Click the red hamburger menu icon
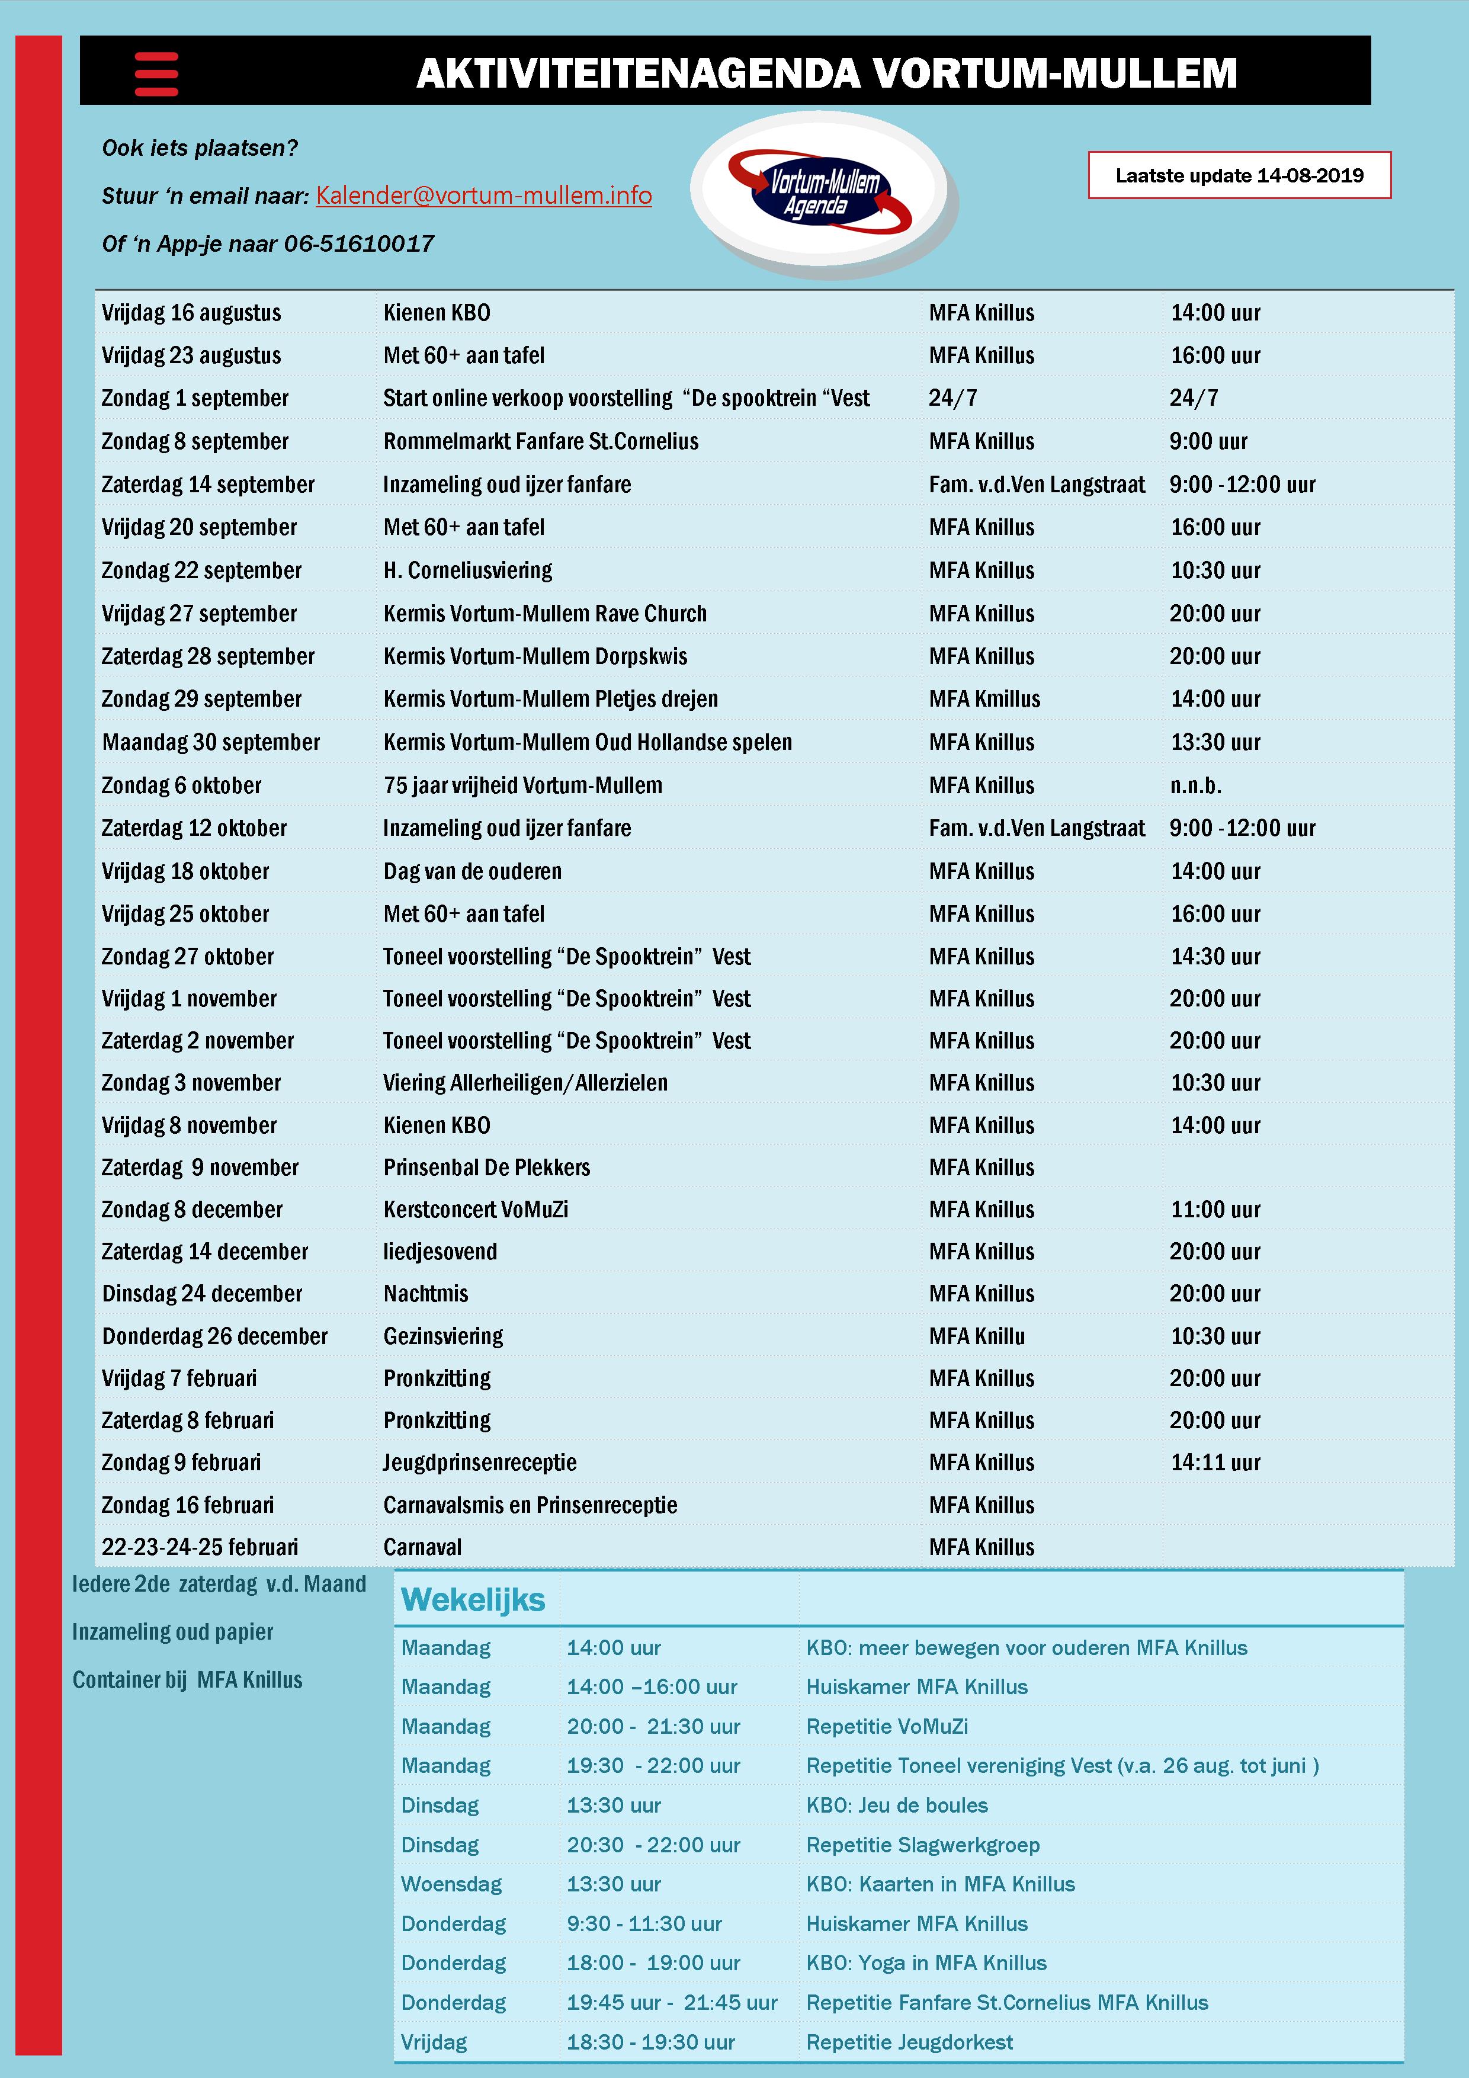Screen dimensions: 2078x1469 [156, 73]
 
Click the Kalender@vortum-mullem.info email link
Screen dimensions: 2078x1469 [483, 195]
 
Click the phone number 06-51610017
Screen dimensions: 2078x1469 [360, 243]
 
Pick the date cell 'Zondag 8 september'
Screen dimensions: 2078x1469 [195, 442]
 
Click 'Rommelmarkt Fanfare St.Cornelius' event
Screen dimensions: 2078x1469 [540, 442]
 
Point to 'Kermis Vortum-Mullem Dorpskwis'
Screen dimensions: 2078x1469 [535, 656]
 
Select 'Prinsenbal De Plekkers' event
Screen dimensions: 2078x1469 [486, 1168]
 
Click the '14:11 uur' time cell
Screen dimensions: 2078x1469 [1215, 1462]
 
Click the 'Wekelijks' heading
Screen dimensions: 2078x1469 [473, 1600]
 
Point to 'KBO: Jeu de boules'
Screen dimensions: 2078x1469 [896, 1806]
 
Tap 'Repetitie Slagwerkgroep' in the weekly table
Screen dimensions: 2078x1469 [922, 1845]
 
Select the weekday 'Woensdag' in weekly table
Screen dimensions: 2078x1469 [451, 1884]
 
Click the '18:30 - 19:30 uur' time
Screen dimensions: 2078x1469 [651, 2042]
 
